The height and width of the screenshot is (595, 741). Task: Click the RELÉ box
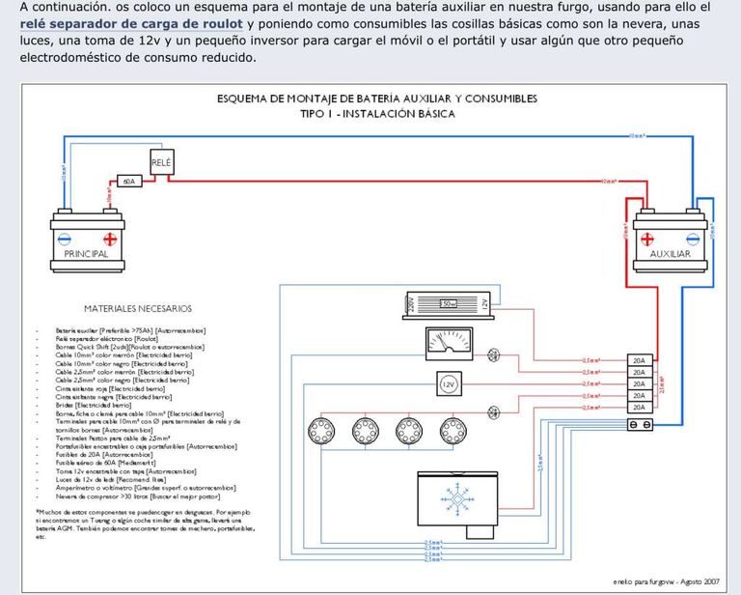(161, 163)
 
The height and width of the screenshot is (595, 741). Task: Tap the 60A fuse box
(128, 181)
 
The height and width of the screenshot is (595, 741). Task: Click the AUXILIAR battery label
(670, 254)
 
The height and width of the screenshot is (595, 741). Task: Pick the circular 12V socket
(448, 383)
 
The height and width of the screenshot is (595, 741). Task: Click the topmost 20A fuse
(639, 359)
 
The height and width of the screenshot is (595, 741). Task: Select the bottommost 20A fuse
(639, 408)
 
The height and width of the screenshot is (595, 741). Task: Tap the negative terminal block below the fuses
(639, 424)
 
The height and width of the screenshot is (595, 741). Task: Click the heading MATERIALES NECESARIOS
(138, 309)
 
